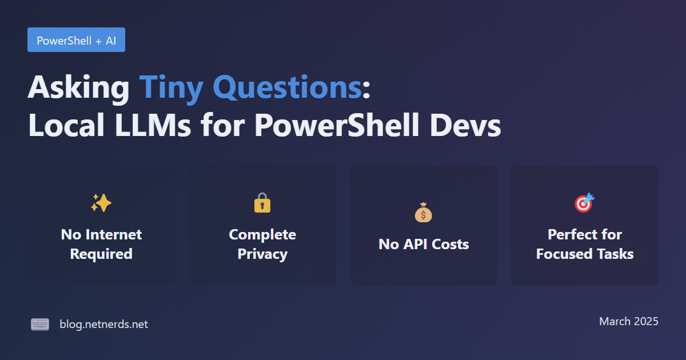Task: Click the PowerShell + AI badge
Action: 76,40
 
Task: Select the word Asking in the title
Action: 79,88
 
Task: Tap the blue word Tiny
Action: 171,89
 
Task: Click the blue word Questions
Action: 287,88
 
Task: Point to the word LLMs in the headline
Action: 153,125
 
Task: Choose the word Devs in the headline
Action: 465,125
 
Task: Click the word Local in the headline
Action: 66,125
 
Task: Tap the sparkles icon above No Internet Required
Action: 101,203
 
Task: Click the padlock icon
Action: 262,202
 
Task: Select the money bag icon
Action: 424,212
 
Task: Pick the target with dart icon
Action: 585,202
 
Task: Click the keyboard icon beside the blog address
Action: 40,324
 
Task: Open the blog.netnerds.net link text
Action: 104,324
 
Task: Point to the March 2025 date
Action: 629,321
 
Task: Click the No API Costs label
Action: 424,245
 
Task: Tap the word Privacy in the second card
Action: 262,254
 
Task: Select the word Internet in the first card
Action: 114,235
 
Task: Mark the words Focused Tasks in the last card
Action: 585,254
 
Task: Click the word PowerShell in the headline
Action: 337,125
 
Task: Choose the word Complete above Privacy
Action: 262,235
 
